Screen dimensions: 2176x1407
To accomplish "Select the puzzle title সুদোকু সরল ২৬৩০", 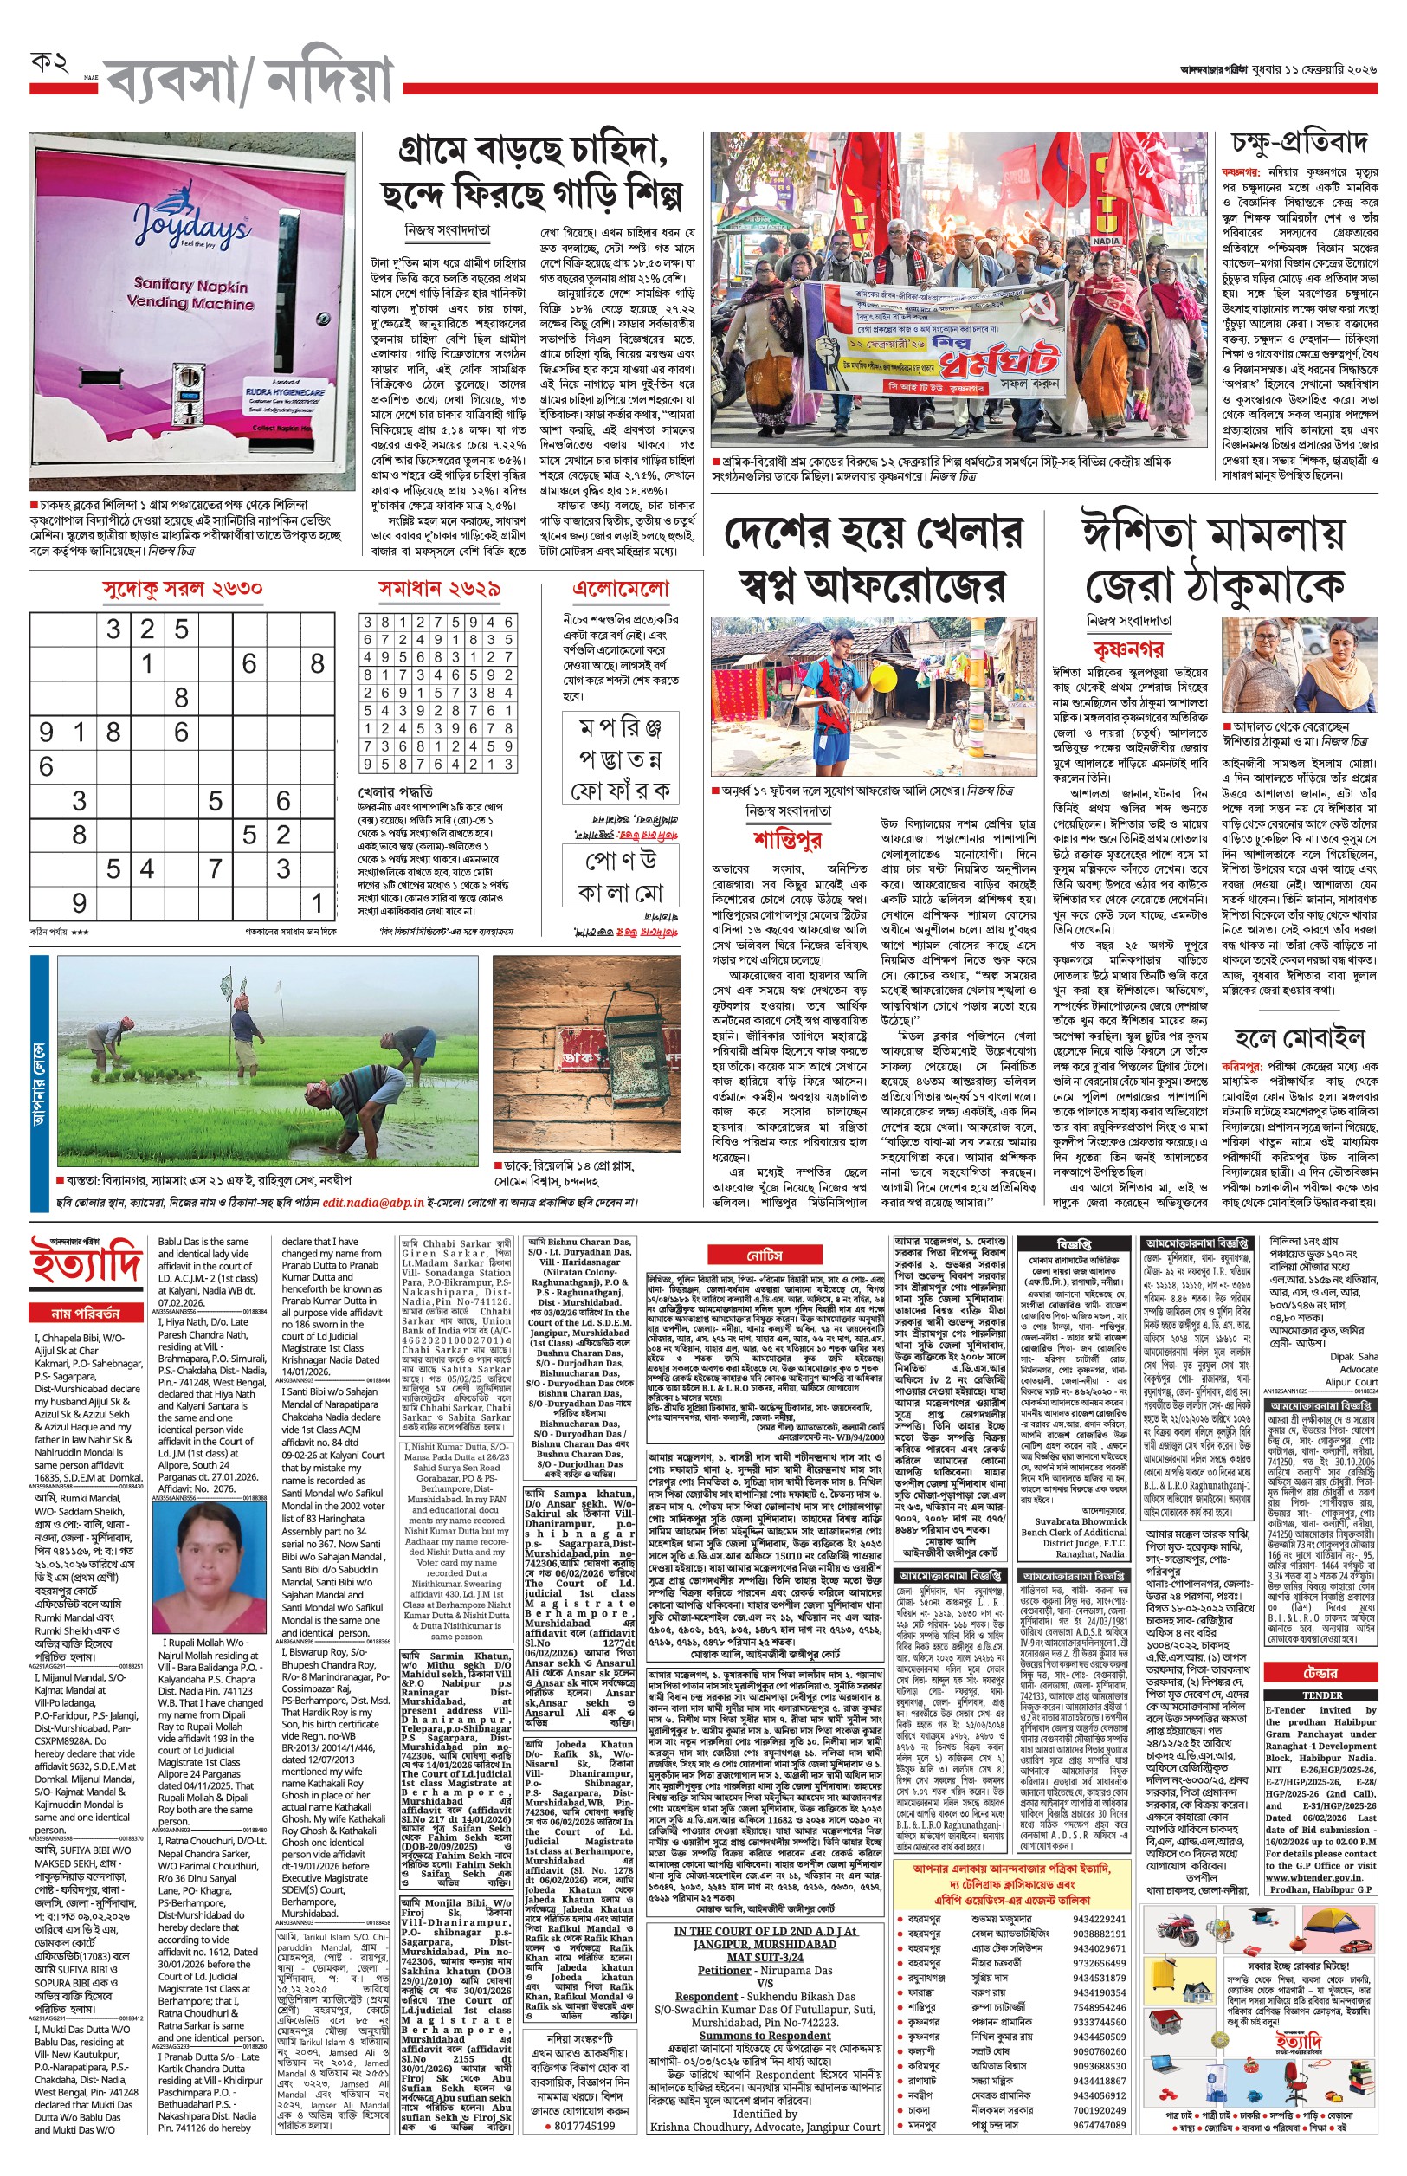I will point(183,588).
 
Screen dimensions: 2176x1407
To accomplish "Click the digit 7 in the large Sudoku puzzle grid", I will point(216,868).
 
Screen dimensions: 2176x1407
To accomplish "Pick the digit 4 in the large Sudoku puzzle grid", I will point(147,868).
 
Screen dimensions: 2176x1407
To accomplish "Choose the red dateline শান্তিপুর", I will point(788,837).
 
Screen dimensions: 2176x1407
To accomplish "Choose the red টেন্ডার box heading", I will point(1320,1672).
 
